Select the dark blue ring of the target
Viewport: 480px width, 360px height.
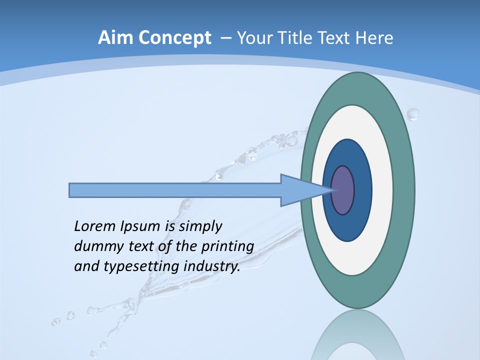(x=362, y=200)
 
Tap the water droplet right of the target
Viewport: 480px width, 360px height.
(x=413, y=114)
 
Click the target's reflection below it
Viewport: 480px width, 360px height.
(x=357, y=335)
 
